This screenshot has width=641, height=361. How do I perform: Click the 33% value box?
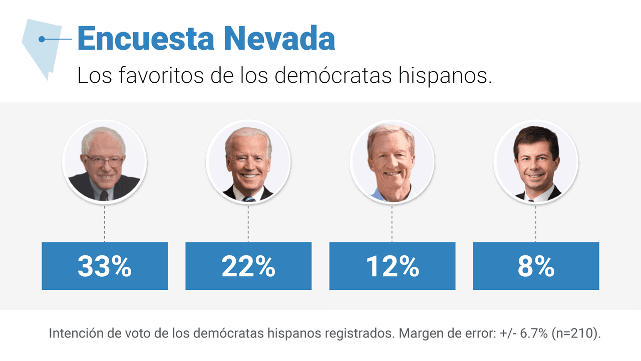[x=104, y=266]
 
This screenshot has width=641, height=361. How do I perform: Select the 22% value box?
[x=248, y=266]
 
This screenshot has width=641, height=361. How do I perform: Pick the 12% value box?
[x=392, y=266]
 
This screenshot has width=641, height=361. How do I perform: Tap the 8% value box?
[x=536, y=266]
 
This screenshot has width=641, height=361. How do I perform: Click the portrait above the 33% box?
[x=104, y=161]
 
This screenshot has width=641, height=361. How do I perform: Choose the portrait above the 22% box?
[x=248, y=161]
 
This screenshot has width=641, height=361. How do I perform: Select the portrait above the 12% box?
[x=392, y=161]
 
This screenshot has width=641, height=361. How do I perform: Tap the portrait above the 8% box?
[x=536, y=161]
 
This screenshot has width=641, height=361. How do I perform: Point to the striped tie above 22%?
[x=249, y=199]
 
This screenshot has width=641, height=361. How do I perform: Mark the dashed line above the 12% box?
[x=392, y=223]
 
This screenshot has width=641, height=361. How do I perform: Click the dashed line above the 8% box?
[x=536, y=223]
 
